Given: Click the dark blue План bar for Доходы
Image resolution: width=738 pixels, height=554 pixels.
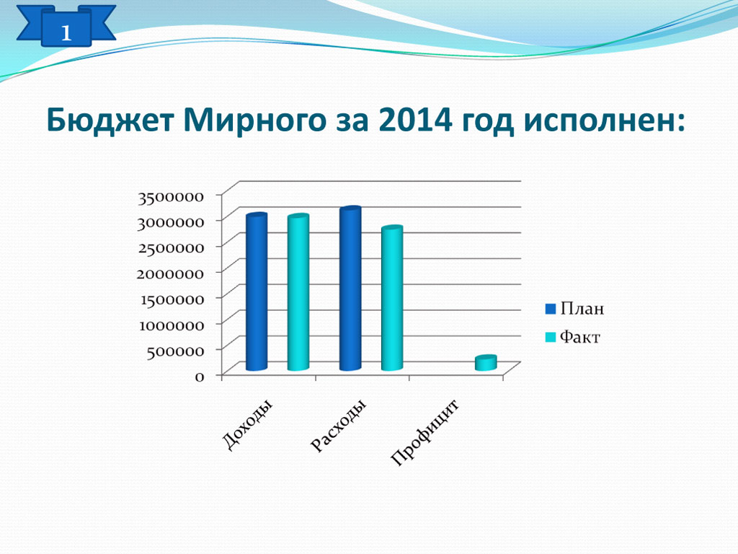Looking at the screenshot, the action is pos(257,292).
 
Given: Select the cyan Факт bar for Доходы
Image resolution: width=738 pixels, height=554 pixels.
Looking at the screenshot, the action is pos(298,293).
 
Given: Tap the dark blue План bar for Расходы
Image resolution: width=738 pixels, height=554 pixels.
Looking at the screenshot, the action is pos(350,289).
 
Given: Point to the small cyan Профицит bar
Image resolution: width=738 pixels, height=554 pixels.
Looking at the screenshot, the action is pos(486,363).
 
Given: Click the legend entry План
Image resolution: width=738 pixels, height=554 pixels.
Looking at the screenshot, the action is pos(574,309).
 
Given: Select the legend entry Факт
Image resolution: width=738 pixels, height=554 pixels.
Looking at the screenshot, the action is pos(573,338).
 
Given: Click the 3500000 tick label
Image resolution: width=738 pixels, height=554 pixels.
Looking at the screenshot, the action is pos(170,197).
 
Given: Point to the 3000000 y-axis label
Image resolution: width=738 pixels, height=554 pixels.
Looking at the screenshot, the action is pos(170,222).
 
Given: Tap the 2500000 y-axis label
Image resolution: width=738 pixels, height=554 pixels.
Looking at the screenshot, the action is pos(170,248).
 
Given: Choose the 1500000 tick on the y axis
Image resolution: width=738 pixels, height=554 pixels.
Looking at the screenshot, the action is pos(172,299).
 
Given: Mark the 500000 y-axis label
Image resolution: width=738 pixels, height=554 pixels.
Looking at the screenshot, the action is pos(174,351).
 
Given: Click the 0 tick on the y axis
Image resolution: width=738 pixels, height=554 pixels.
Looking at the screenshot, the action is pos(200,377).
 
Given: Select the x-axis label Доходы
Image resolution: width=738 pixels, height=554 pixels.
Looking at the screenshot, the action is pos(248,425).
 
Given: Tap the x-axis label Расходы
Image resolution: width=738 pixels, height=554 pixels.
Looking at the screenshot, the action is pos(339,426).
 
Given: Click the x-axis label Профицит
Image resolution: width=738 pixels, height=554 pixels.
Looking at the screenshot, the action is pos(425,433).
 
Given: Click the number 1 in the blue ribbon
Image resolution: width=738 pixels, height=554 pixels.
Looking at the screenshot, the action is pos(66,33).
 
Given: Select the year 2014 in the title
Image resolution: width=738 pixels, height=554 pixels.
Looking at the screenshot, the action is pos(414,120).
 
